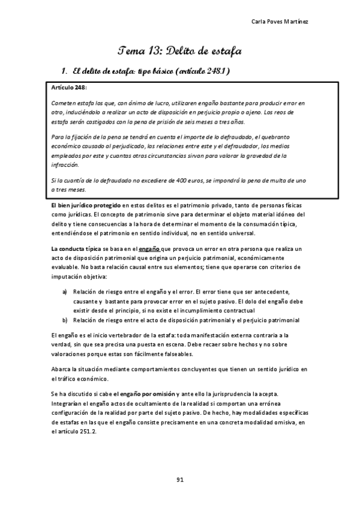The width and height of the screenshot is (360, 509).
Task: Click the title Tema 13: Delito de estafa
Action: click(179, 50)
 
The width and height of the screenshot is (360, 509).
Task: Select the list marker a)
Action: click(65, 292)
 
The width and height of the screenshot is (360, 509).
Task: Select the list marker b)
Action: click(65, 320)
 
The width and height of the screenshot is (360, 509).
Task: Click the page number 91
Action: click(179, 479)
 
